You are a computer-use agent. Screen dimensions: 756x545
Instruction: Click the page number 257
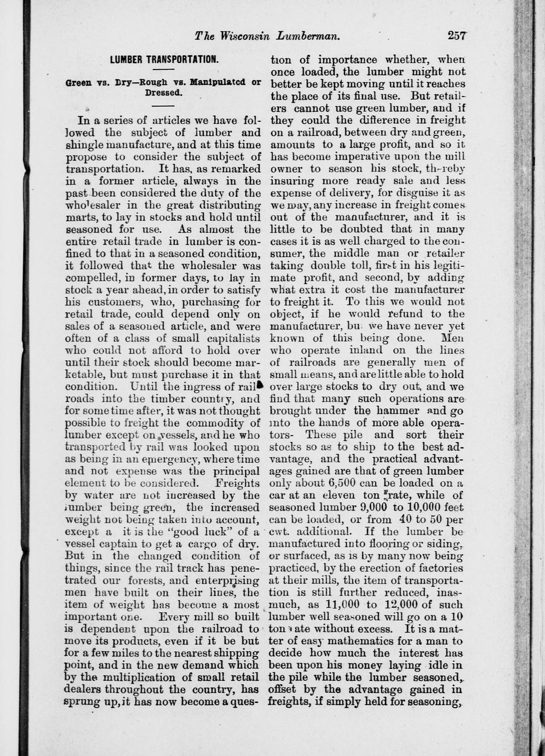456,36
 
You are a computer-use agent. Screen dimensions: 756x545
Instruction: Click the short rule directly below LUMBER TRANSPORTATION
163,71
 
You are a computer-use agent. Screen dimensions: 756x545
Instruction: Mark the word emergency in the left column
176,458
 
